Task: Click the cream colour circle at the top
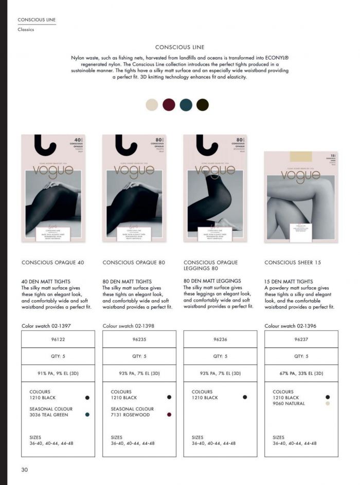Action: point(152,105)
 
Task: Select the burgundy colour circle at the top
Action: point(169,105)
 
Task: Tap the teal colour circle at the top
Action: point(186,105)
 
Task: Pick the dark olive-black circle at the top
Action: point(203,105)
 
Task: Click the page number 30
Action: point(25,470)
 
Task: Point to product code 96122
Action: point(58,339)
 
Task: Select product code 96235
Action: point(139,339)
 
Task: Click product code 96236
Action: point(220,339)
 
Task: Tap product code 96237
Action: point(301,339)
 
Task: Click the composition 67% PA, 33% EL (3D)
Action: point(301,374)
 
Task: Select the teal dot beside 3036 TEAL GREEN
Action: point(87,415)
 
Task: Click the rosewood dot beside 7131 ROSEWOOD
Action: point(169,415)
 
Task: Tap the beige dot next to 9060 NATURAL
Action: point(328,404)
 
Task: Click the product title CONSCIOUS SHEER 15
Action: point(293,263)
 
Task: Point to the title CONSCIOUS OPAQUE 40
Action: point(52,263)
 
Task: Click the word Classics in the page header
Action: point(26,30)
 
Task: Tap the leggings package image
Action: point(215,188)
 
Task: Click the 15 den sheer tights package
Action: point(301,197)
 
